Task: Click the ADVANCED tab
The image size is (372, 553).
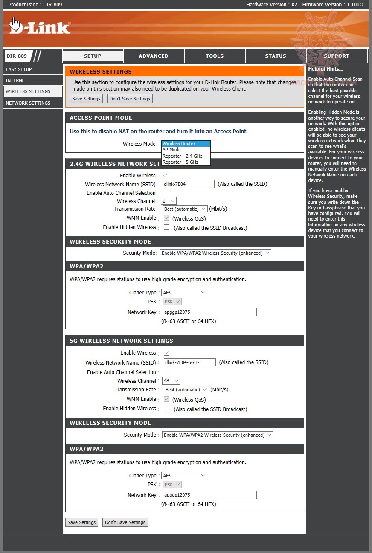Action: pyautogui.click(x=154, y=56)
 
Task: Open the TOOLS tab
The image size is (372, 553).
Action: pyautogui.click(x=215, y=56)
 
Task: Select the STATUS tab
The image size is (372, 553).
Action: pyautogui.click(x=276, y=56)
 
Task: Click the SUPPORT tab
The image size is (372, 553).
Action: pyautogui.click(x=337, y=56)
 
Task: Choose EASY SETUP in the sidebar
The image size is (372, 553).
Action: pyautogui.click(x=19, y=69)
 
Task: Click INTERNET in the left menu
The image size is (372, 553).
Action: pyautogui.click(x=17, y=80)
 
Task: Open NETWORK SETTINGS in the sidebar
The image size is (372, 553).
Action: pyautogui.click(x=28, y=103)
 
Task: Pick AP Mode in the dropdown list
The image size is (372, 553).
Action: pyautogui.click(x=172, y=150)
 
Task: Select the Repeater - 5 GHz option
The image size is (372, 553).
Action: pyautogui.click(x=180, y=162)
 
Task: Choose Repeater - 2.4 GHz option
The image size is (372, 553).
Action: pyautogui.click(x=182, y=156)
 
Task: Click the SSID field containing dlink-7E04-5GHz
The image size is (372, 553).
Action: pyautogui.click(x=189, y=362)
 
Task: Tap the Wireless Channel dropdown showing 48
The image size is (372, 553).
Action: pyautogui.click(x=171, y=381)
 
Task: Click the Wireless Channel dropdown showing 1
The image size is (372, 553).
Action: pyautogui.click(x=169, y=201)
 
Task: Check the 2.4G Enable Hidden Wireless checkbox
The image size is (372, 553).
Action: pyautogui.click(x=166, y=227)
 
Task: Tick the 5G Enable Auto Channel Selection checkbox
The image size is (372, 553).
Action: pyautogui.click(x=166, y=372)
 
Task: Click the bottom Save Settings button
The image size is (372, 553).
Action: pyautogui.click(x=81, y=522)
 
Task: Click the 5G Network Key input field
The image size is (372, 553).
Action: pyautogui.click(x=209, y=495)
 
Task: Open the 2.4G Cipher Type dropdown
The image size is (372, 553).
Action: pyautogui.click(x=184, y=293)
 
